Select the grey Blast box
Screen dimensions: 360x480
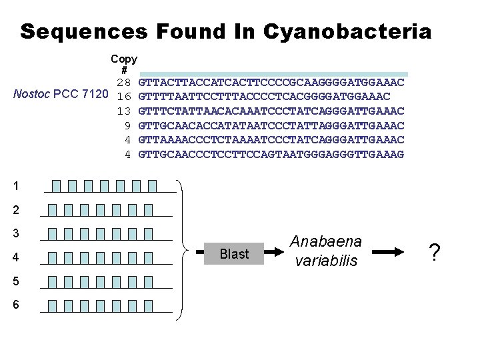click(x=234, y=254)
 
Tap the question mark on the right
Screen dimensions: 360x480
click(x=435, y=253)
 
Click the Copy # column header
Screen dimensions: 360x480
click(x=124, y=65)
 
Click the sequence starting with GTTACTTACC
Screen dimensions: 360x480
click(x=271, y=83)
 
